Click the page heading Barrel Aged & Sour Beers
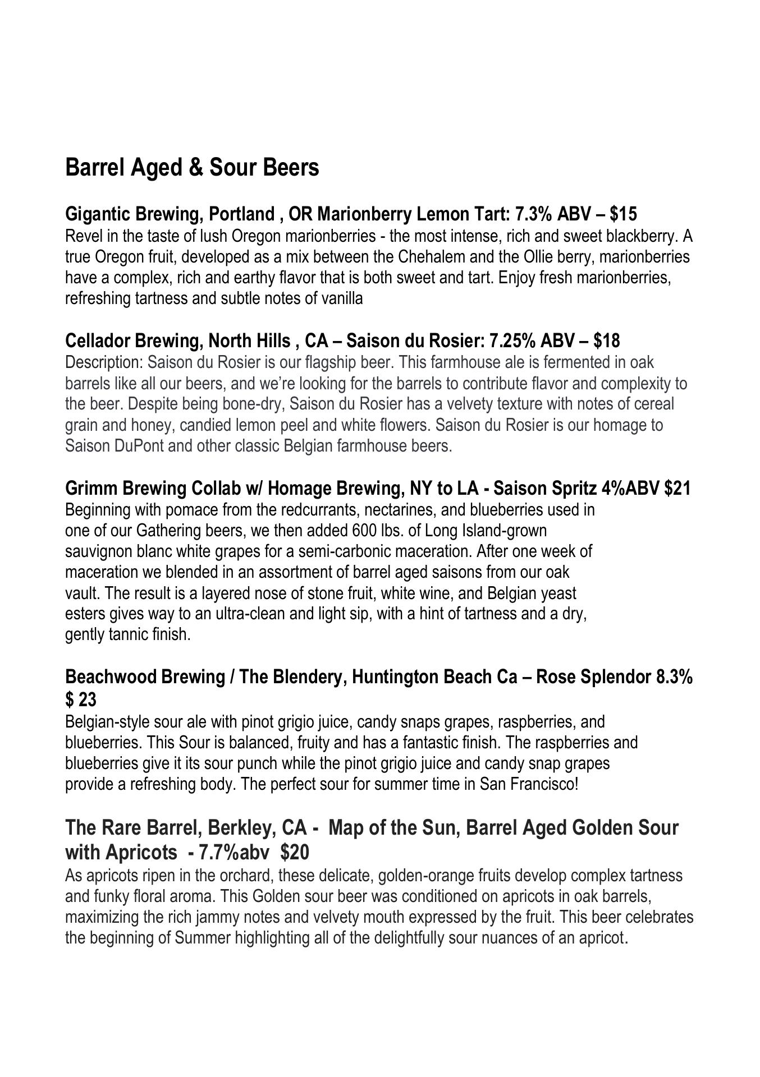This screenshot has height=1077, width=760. click(x=192, y=168)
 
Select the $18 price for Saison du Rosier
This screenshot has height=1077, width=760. click(x=606, y=340)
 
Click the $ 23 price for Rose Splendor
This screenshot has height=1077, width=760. click(x=81, y=700)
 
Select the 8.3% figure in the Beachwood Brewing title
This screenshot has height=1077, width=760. click(x=674, y=677)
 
